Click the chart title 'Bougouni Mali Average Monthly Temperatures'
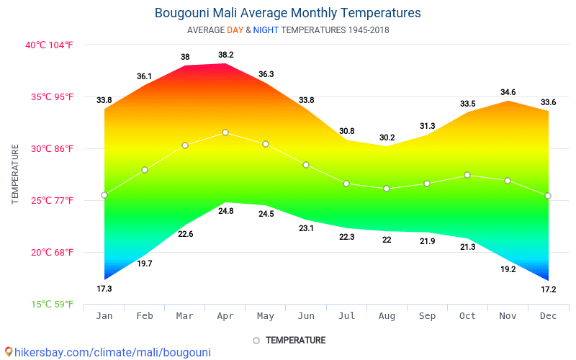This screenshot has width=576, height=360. pos(288,13)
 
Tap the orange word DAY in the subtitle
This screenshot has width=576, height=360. pos(235,30)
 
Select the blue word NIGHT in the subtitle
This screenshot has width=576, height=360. pos(266,30)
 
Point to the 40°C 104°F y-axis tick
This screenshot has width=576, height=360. pos(49,45)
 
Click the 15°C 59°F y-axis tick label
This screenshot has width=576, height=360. pos(49,304)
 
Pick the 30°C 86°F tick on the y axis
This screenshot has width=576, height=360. pos(49,148)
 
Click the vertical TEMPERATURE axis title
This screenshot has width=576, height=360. pos(15,174)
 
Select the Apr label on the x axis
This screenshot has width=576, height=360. pos(225,316)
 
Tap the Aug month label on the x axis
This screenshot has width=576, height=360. pos(387,316)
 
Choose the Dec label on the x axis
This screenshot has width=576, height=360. pos(548,316)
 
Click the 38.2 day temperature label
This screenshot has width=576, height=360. pos(225,55)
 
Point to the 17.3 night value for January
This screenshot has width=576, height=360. pos(104,289)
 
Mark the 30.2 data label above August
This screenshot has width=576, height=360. pos(387,138)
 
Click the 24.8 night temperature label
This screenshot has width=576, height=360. pos(225,211)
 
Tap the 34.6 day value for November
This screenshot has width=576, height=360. pos(508,92)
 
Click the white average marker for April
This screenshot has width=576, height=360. pos(225,132)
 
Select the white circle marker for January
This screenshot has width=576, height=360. pos(104,195)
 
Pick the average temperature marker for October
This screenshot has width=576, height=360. pos(467,175)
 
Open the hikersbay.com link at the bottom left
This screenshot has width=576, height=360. pos(108,352)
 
